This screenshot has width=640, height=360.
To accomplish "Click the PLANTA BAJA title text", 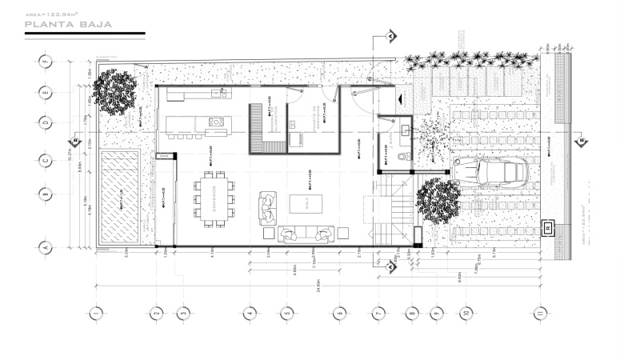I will pyautogui.click(x=67, y=25).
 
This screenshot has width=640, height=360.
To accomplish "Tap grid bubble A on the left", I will pyautogui.click(x=46, y=249).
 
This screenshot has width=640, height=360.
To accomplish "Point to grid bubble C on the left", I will pyautogui.click(x=46, y=159).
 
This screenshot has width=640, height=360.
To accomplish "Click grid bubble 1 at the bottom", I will pyautogui.click(x=96, y=312).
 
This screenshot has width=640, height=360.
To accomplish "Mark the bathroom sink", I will pyautogui.click(x=404, y=127).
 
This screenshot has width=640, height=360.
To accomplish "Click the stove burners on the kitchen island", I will pyautogui.click(x=216, y=122).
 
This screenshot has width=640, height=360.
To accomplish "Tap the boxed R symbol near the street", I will pyautogui.click(x=548, y=228).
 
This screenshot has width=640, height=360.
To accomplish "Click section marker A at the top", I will pyautogui.click(x=390, y=37).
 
